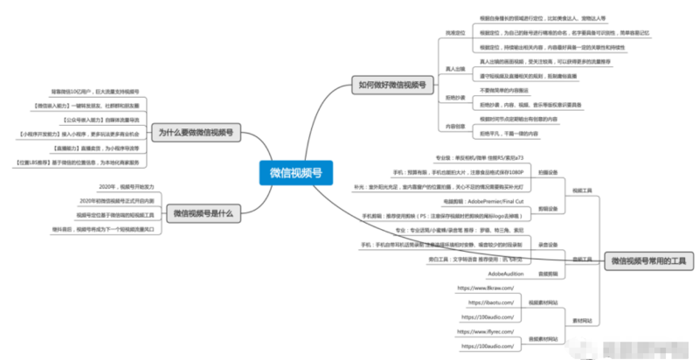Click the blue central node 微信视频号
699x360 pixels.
[295, 174]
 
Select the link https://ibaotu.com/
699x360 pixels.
[489, 301]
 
